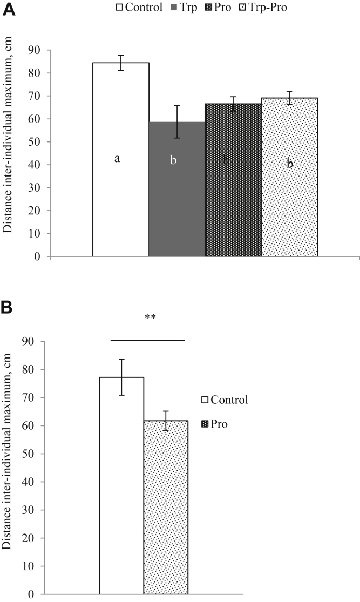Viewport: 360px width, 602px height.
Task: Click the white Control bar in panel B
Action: pos(121,486)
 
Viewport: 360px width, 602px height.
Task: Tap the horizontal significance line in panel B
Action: pos(148,340)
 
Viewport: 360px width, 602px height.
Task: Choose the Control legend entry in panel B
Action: pos(225,400)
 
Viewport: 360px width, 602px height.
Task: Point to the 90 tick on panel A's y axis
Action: pos(38,50)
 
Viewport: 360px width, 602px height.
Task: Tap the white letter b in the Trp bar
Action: pos(173,160)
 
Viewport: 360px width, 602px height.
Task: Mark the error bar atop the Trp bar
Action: pos(176,121)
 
